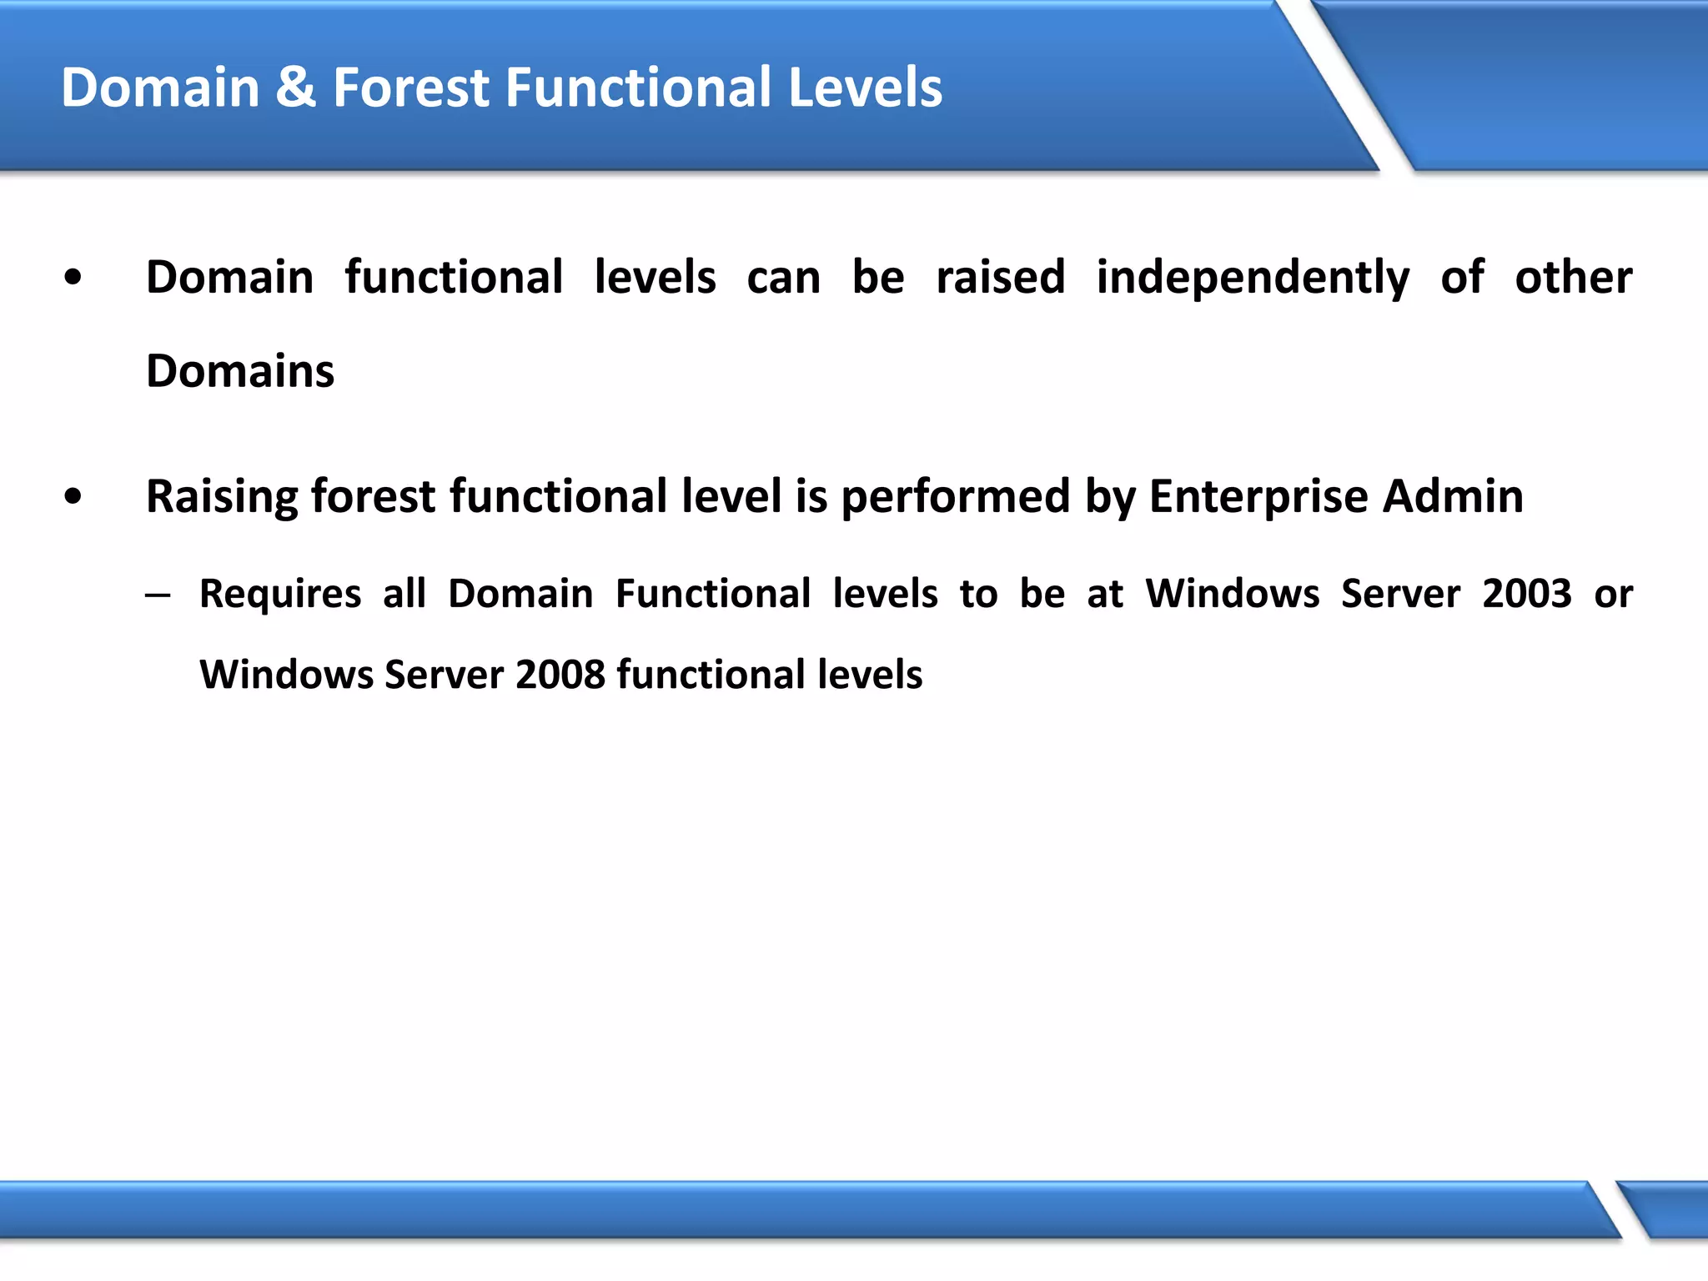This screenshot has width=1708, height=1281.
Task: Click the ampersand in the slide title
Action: (x=296, y=88)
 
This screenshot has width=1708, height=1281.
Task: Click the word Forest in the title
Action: (x=410, y=88)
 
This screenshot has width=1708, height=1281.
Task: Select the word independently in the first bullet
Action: (x=1253, y=279)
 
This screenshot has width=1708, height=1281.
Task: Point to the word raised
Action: (x=1000, y=277)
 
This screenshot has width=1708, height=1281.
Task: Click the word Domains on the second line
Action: (x=240, y=371)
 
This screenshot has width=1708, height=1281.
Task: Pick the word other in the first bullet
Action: (x=1573, y=277)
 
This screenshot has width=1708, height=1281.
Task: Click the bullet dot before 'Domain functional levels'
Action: (x=73, y=278)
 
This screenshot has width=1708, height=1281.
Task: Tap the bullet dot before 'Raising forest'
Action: (x=73, y=497)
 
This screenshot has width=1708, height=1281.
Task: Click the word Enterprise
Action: (x=1258, y=498)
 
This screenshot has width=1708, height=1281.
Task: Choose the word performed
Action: (x=955, y=498)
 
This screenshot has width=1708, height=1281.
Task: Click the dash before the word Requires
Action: (x=157, y=595)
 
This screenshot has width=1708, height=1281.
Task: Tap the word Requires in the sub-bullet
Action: (x=280, y=595)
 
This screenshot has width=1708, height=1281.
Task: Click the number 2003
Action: (x=1526, y=594)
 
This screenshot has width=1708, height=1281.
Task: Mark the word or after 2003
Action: (x=1613, y=595)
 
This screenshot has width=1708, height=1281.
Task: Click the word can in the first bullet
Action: (x=783, y=279)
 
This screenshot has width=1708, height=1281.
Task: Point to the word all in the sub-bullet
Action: (x=404, y=594)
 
